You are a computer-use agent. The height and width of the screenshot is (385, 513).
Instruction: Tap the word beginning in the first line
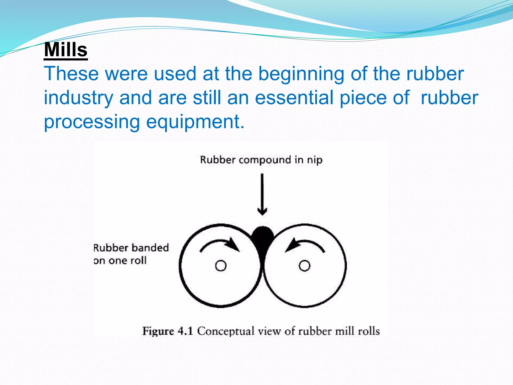click(301, 74)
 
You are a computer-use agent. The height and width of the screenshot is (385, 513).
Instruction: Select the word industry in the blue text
click(78, 98)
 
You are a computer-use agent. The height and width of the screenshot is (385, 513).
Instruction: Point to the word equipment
click(195, 122)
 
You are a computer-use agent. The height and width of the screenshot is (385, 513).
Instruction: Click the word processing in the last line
click(92, 122)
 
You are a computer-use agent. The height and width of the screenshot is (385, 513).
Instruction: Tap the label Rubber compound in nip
click(261, 160)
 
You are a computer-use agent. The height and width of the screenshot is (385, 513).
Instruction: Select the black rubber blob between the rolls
click(262, 238)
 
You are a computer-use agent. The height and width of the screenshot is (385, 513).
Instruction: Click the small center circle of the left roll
click(221, 266)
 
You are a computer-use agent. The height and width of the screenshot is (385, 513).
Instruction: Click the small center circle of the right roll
click(304, 266)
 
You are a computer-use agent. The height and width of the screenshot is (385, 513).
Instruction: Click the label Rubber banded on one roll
click(131, 254)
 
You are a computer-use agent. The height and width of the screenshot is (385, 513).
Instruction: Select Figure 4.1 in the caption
click(168, 331)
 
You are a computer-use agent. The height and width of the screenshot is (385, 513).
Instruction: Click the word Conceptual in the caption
click(225, 331)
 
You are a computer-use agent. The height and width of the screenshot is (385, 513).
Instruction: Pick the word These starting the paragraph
click(71, 74)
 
